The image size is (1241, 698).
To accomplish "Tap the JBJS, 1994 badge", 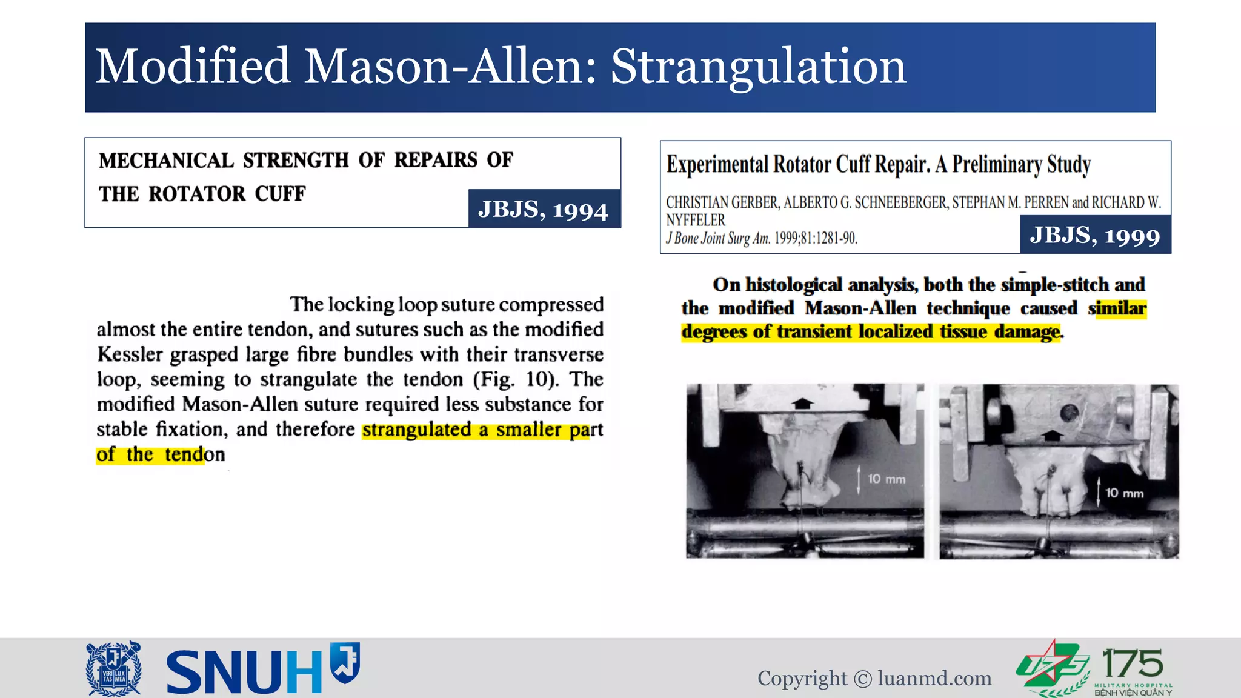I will [544, 209].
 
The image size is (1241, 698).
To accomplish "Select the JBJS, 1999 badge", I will [1095, 235].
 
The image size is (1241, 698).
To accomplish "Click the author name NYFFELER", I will [696, 220].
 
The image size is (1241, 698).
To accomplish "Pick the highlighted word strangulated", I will [417, 430].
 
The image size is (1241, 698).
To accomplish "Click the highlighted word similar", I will [1117, 308].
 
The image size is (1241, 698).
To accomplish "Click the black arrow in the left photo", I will [803, 404].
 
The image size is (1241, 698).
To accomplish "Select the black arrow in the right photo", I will [1053, 434].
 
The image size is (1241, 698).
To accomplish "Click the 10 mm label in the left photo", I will [886, 479].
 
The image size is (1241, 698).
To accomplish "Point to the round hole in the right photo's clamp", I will [1070, 413].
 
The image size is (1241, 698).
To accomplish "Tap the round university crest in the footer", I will [114, 668].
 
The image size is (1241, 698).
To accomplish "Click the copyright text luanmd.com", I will [934, 679].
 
